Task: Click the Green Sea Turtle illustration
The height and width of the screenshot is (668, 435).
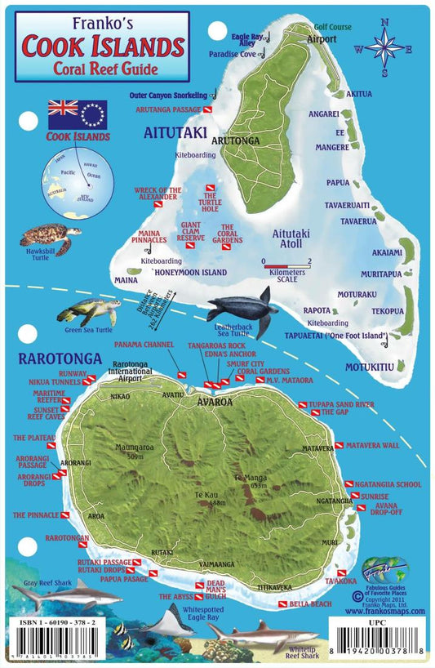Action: pyautogui.click(x=89, y=311)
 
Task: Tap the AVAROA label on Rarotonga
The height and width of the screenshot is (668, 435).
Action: pyautogui.click(x=215, y=402)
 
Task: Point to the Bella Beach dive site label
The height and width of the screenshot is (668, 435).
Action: pyautogui.click(x=310, y=603)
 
